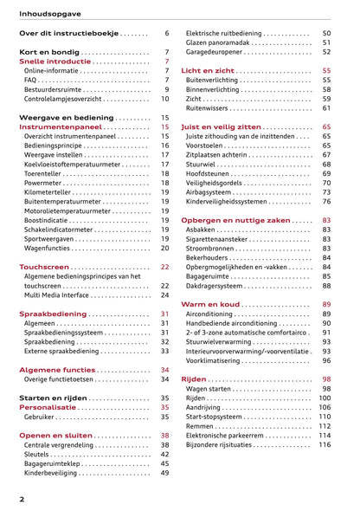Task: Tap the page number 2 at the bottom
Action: (x=22, y=500)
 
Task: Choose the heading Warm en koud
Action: (x=209, y=304)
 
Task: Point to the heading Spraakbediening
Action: (x=51, y=314)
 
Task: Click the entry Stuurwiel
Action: (x=204, y=164)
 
